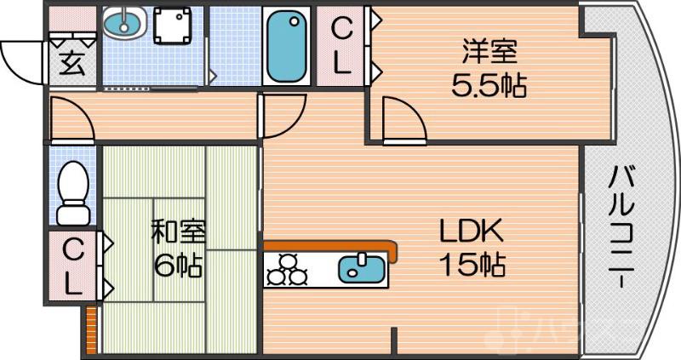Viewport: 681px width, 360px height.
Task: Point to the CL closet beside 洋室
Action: tap(340, 47)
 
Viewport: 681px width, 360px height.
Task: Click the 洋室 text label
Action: tap(489, 52)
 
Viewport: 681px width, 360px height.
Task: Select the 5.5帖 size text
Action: tap(489, 85)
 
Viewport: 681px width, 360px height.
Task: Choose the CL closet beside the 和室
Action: tap(74, 266)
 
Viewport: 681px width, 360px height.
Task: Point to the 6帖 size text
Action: tap(178, 266)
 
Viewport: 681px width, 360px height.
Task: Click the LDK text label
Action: tap(472, 231)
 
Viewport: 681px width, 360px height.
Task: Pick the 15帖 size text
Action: tap(472, 266)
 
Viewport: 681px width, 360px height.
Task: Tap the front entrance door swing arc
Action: tap(21, 60)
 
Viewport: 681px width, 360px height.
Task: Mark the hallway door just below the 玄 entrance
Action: tap(72, 118)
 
